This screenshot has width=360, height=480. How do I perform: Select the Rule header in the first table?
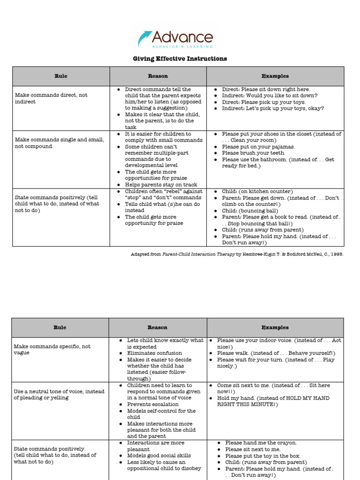coord(61,76)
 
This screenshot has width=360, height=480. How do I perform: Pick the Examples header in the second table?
coord(275,327)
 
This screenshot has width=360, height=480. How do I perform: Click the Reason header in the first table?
coord(158,76)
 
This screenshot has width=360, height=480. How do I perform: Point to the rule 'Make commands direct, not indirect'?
coord(51,98)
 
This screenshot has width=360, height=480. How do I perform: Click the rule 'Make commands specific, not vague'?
coord(52,350)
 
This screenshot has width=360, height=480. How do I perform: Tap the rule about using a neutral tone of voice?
coord(60,395)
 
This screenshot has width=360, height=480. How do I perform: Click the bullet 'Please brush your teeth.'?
coord(253,153)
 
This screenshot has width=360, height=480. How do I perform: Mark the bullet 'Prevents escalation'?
coord(152,404)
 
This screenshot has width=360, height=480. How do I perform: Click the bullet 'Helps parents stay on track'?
coord(161,185)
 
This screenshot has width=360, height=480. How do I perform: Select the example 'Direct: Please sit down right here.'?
coord(266,89)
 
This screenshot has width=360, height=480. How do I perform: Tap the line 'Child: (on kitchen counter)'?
coord(257,191)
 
